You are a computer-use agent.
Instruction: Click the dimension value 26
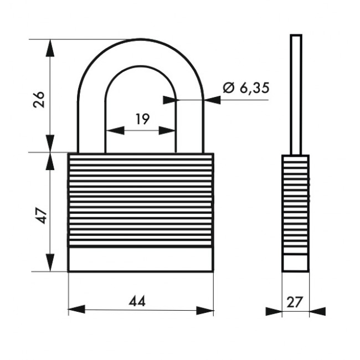coord(38,100)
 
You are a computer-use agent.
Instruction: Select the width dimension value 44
coord(137,301)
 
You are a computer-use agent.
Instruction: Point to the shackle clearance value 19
coord(142,119)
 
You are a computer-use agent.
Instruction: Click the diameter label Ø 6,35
coord(246,88)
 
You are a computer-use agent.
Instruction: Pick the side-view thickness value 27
coord(295,302)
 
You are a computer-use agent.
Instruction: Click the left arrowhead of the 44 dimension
coord(76,309)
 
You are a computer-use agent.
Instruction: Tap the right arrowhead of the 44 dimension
coord(205,310)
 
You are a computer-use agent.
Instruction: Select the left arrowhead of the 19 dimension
coord(116,130)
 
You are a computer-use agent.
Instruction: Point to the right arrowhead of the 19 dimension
coord(167,130)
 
